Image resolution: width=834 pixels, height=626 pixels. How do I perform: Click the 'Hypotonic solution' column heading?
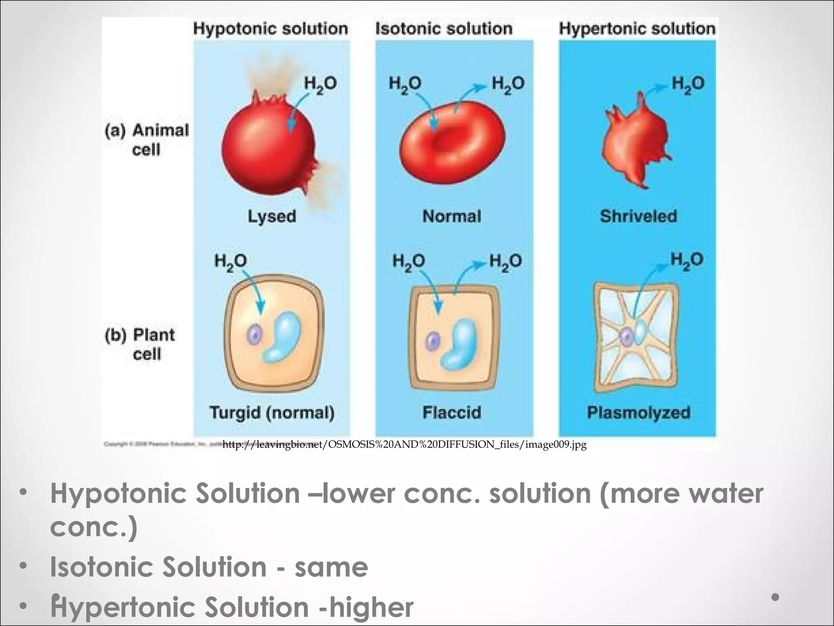click(x=270, y=29)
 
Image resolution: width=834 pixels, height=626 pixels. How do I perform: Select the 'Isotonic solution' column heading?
click(x=444, y=29)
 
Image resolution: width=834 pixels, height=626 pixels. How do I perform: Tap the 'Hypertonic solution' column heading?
click(x=637, y=29)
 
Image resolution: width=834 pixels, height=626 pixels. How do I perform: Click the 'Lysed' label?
click(x=272, y=216)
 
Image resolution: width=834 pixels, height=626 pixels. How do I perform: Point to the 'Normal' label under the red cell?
click(x=452, y=216)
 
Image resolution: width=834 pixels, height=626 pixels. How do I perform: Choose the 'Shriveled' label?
click(x=638, y=216)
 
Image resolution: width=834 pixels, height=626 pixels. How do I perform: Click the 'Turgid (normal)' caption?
click(x=272, y=412)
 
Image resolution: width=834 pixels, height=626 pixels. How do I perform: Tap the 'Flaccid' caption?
click(x=452, y=412)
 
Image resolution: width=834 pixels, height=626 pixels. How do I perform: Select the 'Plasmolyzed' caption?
click(x=638, y=412)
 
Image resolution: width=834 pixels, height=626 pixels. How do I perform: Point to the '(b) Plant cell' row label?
click(x=140, y=344)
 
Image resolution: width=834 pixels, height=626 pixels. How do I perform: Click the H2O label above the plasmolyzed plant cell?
click(x=687, y=260)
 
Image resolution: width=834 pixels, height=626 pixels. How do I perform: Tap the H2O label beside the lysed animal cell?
click(x=320, y=84)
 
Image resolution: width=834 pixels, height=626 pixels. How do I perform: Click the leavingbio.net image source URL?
click(x=404, y=444)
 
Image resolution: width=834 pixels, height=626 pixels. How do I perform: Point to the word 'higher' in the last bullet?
click(x=371, y=607)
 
